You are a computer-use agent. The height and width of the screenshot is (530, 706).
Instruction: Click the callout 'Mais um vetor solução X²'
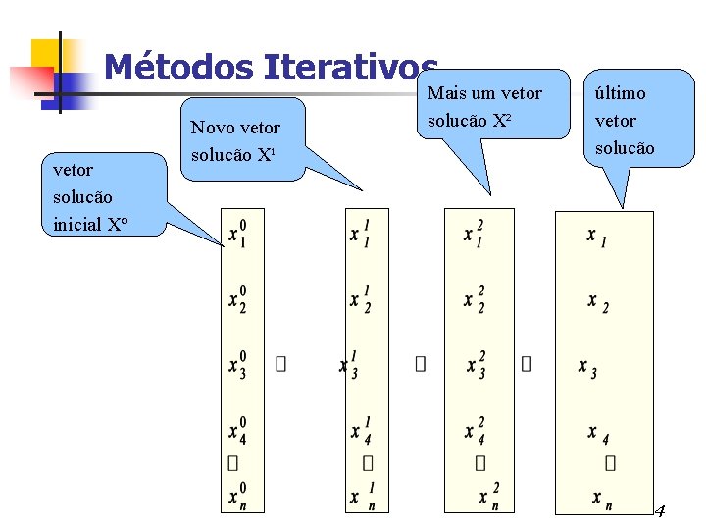(484, 107)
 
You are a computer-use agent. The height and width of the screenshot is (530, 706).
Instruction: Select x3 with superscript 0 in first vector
(237, 364)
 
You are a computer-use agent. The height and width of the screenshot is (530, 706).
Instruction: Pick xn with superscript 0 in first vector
(237, 496)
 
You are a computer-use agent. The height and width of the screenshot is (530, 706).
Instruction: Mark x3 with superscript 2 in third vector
(477, 364)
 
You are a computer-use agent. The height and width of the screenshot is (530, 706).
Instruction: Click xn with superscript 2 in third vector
(488, 496)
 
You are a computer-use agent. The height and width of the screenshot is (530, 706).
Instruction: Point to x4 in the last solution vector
(597, 433)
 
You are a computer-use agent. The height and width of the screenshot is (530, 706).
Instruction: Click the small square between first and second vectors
(281, 364)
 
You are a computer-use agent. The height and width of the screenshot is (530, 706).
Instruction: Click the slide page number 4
(659, 511)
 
